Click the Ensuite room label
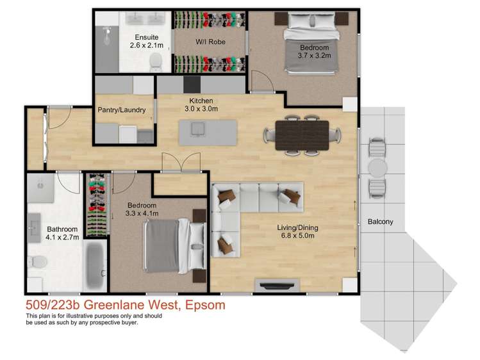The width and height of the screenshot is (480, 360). (x=147, y=37)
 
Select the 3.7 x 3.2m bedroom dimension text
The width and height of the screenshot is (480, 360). (x=313, y=56)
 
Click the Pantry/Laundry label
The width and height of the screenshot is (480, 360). (x=122, y=110)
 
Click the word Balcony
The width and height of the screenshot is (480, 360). (x=380, y=222)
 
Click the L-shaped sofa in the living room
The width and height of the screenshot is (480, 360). (x=244, y=205)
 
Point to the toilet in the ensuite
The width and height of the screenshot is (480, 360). (x=154, y=62)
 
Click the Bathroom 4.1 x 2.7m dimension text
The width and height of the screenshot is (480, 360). (x=62, y=237)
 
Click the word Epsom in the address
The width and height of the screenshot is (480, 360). (x=204, y=305)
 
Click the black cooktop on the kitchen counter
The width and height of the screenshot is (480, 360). (x=192, y=85)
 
